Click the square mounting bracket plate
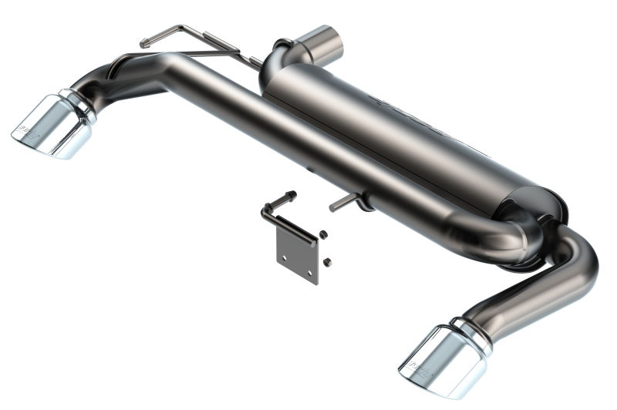click(297, 254)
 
